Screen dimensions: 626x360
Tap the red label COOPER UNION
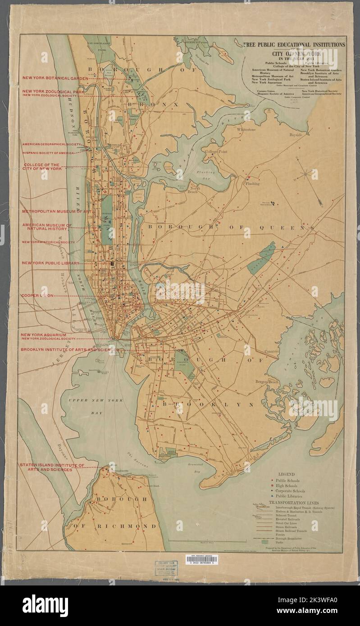tap(37, 296)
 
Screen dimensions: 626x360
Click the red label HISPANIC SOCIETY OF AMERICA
tap(50, 153)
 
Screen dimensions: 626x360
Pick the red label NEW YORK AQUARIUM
tap(43, 335)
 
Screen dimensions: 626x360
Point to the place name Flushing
tap(252, 184)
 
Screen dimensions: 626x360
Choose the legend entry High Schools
tap(288, 485)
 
